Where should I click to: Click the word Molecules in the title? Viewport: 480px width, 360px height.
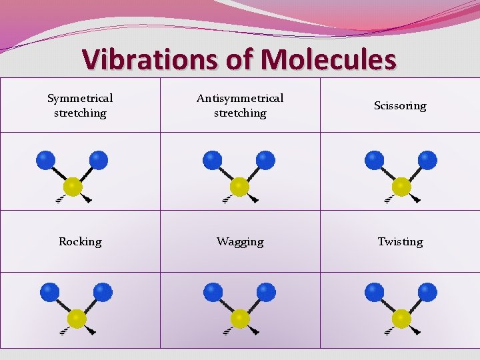[328, 59]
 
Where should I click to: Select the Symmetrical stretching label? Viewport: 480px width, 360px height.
[80, 105]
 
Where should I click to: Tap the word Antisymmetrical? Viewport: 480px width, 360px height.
[240, 98]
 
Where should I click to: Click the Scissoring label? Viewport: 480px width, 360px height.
[400, 105]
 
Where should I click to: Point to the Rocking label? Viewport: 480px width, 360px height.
[80, 241]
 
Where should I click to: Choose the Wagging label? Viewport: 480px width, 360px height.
[240, 241]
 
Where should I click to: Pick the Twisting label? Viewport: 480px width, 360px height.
[400, 241]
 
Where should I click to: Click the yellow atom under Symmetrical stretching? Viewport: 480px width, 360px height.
[73, 187]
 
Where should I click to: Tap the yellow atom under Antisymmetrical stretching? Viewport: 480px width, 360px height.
[239, 187]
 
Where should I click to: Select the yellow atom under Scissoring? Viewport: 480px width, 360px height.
[401, 187]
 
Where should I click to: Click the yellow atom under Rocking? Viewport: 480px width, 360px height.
[77, 319]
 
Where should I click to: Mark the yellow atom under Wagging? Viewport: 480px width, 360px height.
[239, 319]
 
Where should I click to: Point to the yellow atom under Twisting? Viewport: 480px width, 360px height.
[401, 319]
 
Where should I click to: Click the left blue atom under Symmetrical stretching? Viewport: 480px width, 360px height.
[45, 161]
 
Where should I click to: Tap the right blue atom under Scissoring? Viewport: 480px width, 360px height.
[427, 161]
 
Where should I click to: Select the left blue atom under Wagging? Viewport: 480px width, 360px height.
[213, 292]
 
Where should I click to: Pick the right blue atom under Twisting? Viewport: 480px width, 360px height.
[427, 292]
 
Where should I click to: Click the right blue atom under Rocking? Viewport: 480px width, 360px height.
[103, 292]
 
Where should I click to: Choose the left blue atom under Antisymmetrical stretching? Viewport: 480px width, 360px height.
[213, 161]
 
